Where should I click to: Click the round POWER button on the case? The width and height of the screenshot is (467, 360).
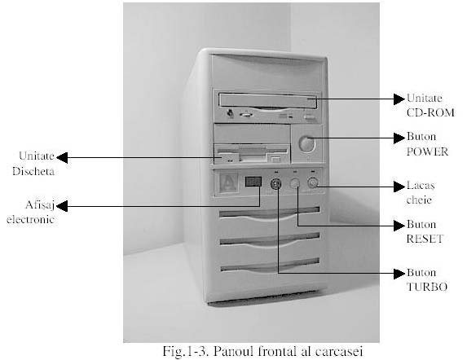point(306,143)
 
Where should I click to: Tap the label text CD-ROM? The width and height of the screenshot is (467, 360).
point(430,112)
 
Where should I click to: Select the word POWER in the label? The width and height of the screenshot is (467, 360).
point(427,151)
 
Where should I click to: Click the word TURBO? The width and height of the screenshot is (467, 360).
point(427,287)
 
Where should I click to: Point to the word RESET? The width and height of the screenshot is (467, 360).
point(425,239)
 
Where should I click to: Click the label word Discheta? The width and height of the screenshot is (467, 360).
point(33,171)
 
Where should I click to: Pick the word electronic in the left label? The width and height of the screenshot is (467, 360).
point(30,220)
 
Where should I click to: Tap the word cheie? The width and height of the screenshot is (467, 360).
point(419,200)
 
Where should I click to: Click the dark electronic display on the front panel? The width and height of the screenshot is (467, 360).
point(253,182)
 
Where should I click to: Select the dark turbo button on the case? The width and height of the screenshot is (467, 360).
point(275,184)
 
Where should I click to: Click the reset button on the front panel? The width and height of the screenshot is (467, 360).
point(294,183)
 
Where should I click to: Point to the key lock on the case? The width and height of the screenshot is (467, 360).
point(312,182)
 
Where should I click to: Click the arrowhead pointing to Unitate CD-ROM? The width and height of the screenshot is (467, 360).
point(399,99)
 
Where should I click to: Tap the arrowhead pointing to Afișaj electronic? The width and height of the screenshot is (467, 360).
point(62,206)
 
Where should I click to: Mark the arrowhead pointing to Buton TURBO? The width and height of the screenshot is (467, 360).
point(399,274)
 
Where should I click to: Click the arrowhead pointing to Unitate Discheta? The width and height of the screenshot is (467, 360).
point(62,157)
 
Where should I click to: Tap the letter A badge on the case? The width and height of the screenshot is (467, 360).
point(228,182)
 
